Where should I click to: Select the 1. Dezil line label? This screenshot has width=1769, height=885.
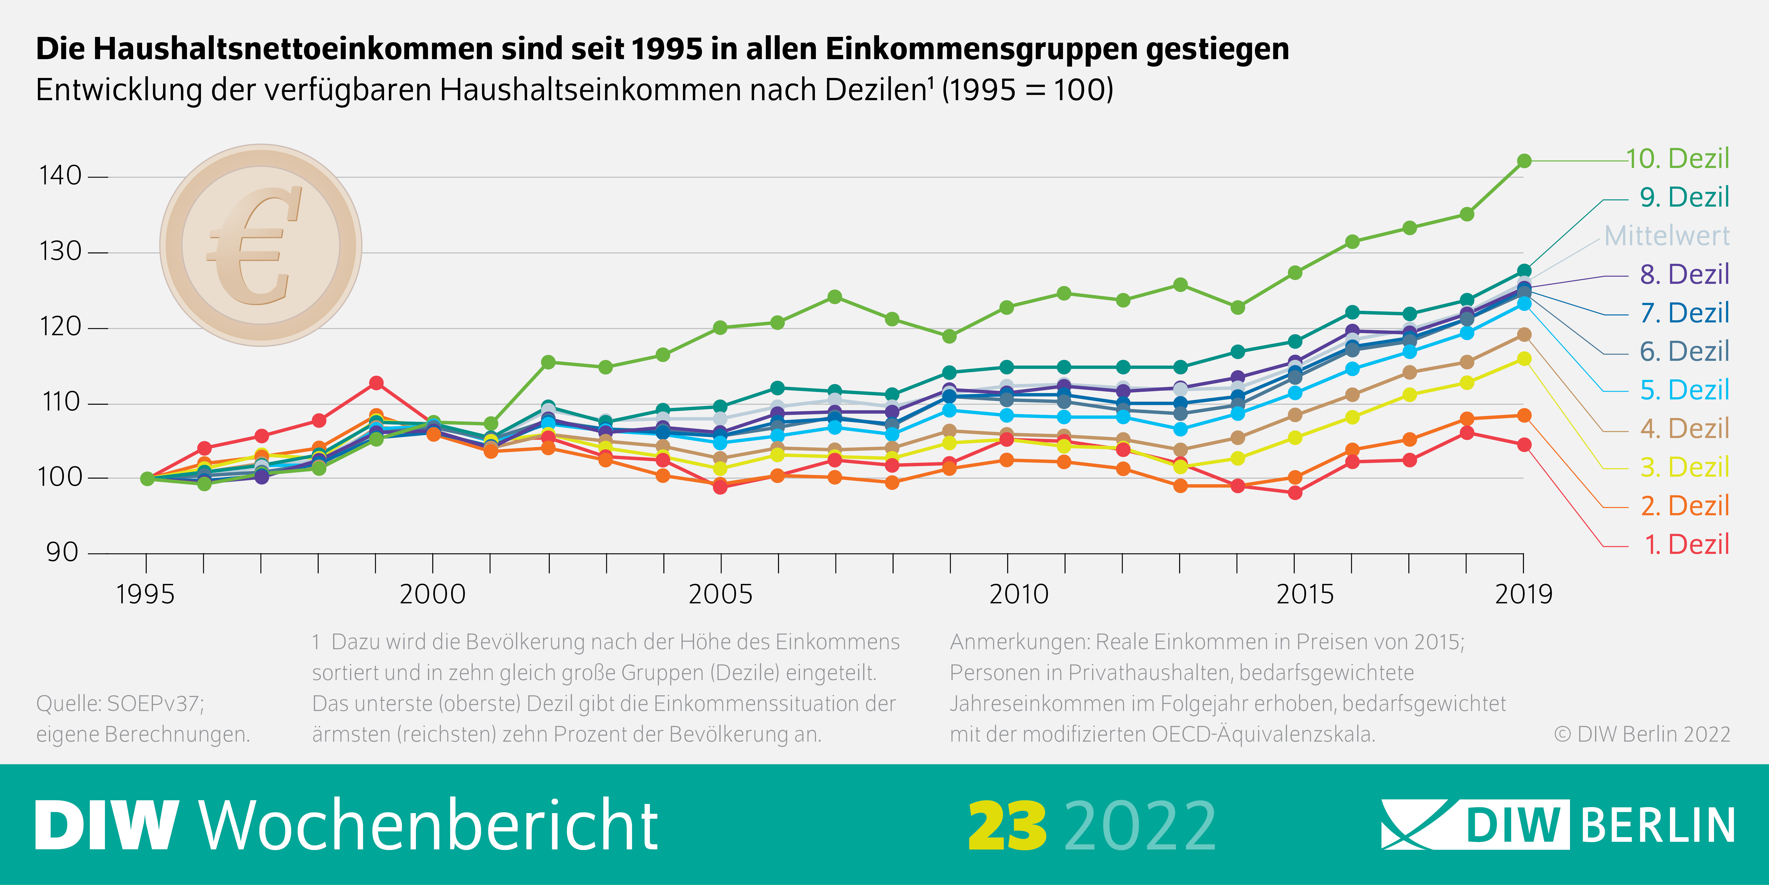click(1686, 544)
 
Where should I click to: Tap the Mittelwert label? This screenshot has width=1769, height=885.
click(1667, 236)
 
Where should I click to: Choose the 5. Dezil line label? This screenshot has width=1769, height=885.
click(1684, 390)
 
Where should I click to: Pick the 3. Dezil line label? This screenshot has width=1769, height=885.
click(1684, 467)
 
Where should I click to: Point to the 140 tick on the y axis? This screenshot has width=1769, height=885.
click(61, 176)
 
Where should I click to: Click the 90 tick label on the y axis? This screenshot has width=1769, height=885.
click(62, 552)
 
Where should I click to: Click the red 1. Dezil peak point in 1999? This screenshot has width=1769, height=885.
click(376, 383)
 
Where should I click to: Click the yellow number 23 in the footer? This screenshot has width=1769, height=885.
click(1007, 826)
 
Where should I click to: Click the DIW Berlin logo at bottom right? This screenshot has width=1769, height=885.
click(1557, 824)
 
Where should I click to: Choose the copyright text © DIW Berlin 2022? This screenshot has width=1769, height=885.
click(1641, 734)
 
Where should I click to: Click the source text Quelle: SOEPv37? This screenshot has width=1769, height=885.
click(120, 704)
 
